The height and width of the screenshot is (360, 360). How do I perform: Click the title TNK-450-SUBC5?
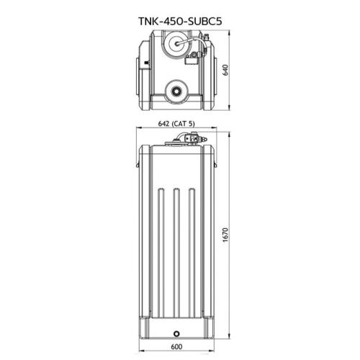(x=180, y=21)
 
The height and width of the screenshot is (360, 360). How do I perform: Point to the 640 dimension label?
(x=226, y=70)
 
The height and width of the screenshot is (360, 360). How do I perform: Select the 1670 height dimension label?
(x=225, y=235)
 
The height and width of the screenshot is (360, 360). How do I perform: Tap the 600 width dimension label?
(x=176, y=346)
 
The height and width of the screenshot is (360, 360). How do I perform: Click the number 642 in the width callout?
(x=164, y=124)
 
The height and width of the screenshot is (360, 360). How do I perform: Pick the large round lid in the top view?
(x=177, y=43)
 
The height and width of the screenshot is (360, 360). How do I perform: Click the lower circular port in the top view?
(x=176, y=91)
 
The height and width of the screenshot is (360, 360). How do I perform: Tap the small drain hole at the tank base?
(x=176, y=333)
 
